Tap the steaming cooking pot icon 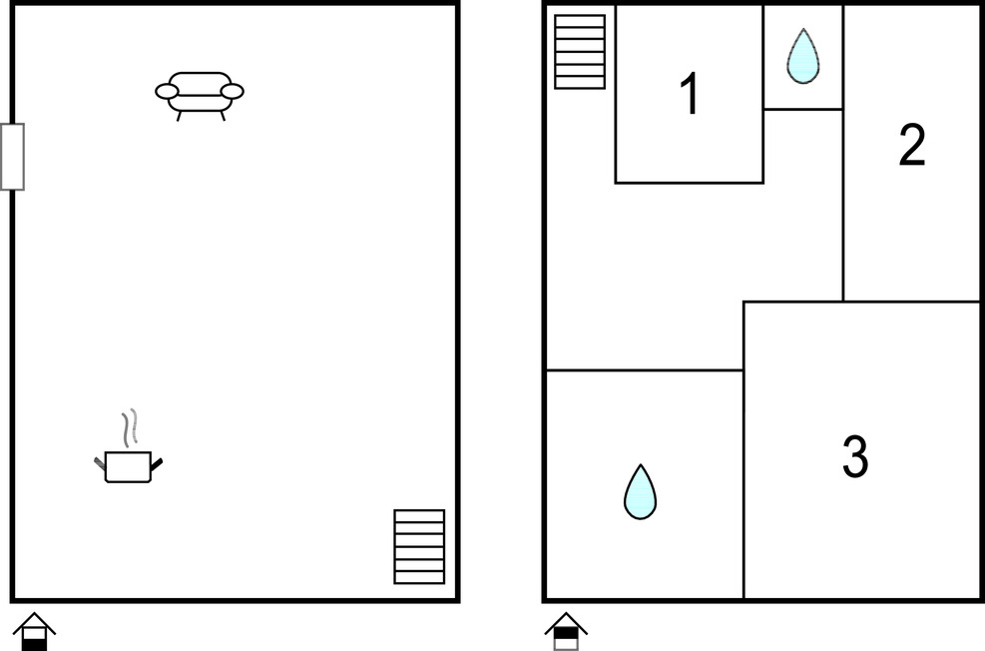tap(128, 447)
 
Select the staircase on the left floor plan tap(419, 547)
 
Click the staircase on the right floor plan tap(580, 52)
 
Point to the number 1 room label tap(690, 93)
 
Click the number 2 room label tap(912, 145)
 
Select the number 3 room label tap(855, 456)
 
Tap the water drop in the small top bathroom tap(802, 57)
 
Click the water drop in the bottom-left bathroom tap(640, 492)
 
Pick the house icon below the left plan tap(35, 631)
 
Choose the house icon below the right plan tap(566, 631)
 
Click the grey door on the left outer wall tap(12, 157)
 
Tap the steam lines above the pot tap(130, 428)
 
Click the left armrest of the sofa tap(167, 92)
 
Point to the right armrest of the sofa tap(233, 92)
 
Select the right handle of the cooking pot tap(157, 465)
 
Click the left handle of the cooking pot tap(100, 463)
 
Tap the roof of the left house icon tap(35, 622)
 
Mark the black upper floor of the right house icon tap(566, 633)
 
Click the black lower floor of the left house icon tap(35, 645)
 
